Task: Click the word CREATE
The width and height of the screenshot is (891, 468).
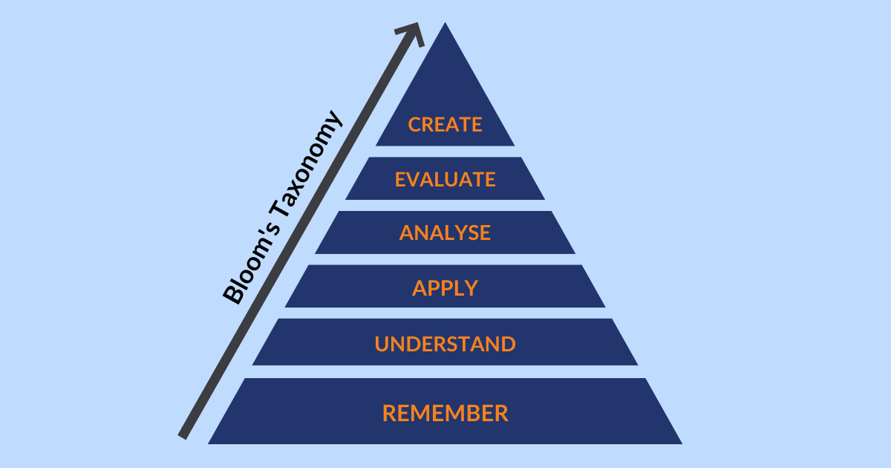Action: click(445, 125)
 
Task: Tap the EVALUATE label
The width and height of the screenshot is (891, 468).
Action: click(445, 180)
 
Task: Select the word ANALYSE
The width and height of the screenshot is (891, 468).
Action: click(445, 233)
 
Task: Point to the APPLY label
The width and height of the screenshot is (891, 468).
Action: click(445, 287)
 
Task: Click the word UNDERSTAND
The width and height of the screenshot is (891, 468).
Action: click(445, 344)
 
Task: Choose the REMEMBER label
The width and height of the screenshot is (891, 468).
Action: click(445, 413)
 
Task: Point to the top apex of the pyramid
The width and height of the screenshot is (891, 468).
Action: click(445, 23)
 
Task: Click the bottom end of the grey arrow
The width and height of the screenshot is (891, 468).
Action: click(183, 437)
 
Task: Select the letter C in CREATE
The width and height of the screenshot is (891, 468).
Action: click(415, 125)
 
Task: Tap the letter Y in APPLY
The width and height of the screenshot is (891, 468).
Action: click(471, 287)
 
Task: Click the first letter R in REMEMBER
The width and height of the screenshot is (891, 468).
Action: click(389, 413)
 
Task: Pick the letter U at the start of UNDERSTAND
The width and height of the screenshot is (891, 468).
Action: click(382, 344)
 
